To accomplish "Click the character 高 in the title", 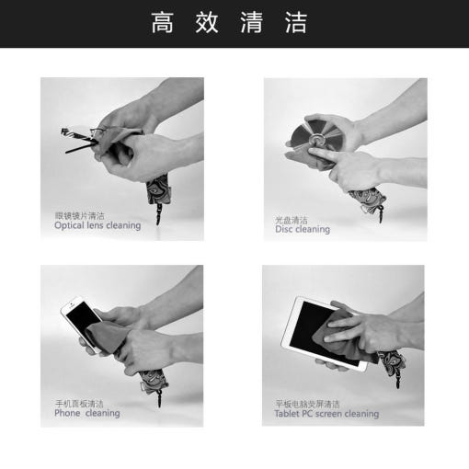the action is (x=162, y=22).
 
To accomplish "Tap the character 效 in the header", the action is (x=207, y=22).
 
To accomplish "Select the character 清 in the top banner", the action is (x=251, y=22).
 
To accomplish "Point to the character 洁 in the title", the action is (x=296, y=22).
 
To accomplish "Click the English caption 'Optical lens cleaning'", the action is (x=97, y=225).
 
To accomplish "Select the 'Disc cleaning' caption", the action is (x=303, y=229).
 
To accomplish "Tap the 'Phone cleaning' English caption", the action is (x=87, y=413).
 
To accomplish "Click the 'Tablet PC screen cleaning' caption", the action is (x=326, y=414).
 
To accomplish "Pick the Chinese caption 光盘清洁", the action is (x=292, y=220).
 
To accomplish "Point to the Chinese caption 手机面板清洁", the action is (x=79, y=404).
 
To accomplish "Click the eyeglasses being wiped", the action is (x=80, y=140).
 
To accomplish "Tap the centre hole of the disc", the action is (x=315, y=140).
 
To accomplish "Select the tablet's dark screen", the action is (x=322, y=329).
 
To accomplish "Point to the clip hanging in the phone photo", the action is (x=159, y=398).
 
